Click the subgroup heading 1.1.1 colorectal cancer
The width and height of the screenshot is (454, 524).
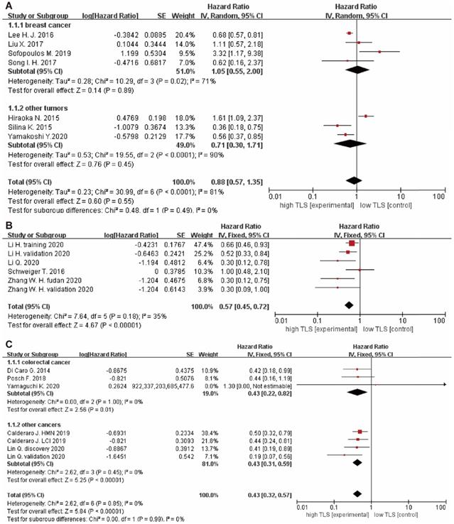38,361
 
